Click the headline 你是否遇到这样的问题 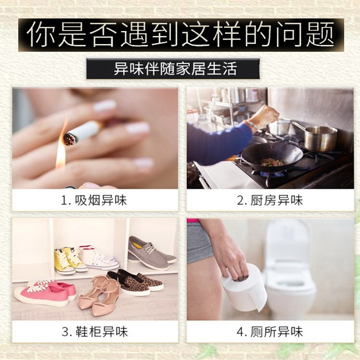point(181,35)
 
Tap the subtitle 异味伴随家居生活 point(175,69)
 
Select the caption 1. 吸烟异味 point(94,200)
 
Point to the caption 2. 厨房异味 point(270,200)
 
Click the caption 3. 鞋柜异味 point(94,332)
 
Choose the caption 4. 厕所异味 point(270,332)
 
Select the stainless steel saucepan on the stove point(320,138)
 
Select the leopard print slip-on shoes point(135,282)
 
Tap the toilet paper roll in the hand point(244,287)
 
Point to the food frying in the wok point(273,162)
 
